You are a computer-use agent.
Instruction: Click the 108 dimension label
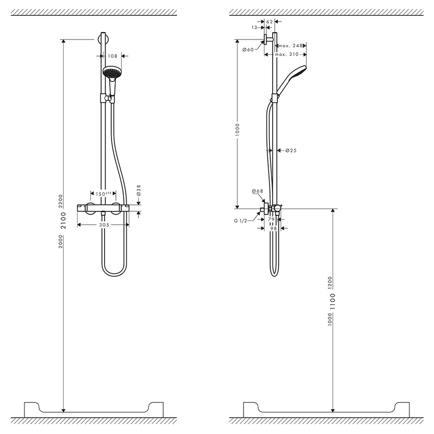click(x=113, y=57)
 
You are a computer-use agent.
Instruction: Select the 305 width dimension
click(x=104, y=224)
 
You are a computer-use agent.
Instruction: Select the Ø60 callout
click(x=248, y=50)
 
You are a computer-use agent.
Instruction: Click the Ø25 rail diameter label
click(x=291, y=151)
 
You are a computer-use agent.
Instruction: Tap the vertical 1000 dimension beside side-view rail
click(x=236, y=131)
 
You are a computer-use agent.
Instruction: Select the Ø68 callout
click(x=257, y=191)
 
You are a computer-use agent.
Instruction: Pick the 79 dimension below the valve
click(x=271, y=219)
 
